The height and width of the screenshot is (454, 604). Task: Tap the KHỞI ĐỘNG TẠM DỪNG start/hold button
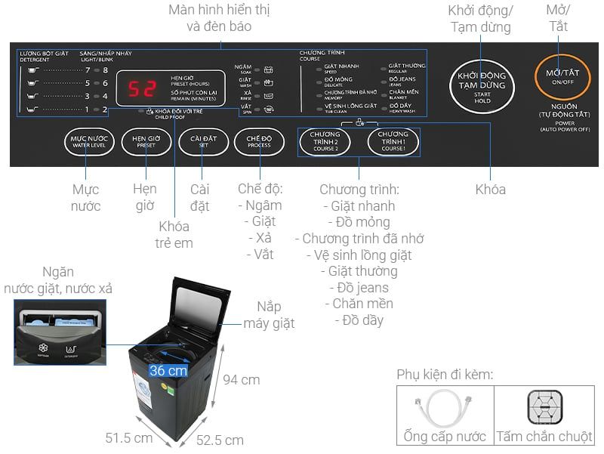(x=482, y=84)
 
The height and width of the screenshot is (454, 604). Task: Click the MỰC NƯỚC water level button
(x=89, y=141)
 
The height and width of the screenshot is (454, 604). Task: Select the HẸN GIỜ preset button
(x=146, y=141)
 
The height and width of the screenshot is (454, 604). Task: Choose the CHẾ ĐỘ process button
(x=259, y=141)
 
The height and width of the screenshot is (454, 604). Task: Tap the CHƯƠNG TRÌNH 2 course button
(x=325, y=142)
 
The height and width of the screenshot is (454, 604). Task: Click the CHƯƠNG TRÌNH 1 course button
(x=393, y=142)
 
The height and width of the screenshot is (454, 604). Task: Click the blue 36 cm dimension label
(x=168, y=371)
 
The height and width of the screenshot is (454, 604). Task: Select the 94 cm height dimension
(x=242, y=379)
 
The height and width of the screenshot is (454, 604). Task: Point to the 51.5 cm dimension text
(x=128, y=438)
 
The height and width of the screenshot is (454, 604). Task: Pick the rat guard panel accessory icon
(x=544, y=408)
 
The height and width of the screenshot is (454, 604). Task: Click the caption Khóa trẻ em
(x=174, y=235)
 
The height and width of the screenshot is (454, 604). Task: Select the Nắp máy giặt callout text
(x=269, y=315)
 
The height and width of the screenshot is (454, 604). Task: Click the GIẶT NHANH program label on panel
(x=342, y=66)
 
